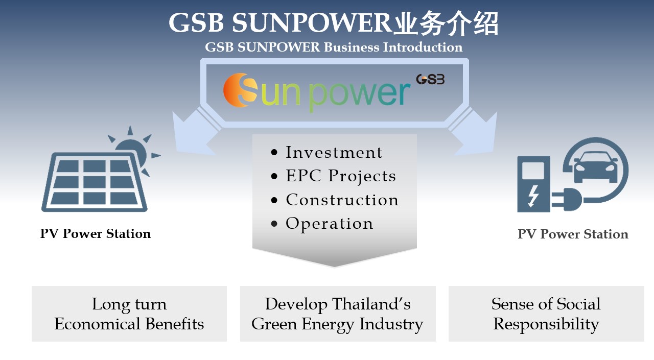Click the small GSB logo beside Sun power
point(430,79)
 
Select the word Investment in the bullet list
point(334,152)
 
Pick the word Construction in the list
point(342,200)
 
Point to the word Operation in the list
point(330,224)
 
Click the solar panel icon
point(95,182)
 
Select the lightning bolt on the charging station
point(533,196)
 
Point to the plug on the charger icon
point(567,199)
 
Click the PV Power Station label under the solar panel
point(96,234)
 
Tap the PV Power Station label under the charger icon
point(573,234)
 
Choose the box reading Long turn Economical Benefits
point(129,314)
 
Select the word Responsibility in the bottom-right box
point(546,324)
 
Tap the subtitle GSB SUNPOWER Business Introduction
point(334,47)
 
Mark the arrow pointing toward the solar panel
point(194,133)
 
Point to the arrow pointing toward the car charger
point(475,133)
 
